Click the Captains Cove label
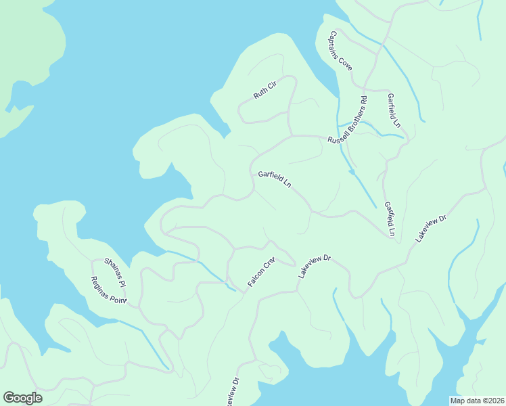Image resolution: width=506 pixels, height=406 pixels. [x=341, y=51]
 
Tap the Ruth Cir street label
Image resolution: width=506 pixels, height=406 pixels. [x=265, y=90]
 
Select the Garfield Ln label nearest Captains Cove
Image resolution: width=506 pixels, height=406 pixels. [x=394, y=110]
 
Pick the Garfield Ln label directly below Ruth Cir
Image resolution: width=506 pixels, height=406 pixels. [x=274, y=179]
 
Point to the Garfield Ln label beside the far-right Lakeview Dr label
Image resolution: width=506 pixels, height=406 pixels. [x=389, y=219]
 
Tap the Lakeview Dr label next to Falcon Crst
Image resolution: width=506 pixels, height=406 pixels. [x=314, y=267]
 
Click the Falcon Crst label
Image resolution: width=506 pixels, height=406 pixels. [x=260, y=272]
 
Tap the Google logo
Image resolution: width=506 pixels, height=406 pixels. [x=22, y=398]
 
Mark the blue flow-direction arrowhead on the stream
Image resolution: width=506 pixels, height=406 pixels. [x=352, y=172]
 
